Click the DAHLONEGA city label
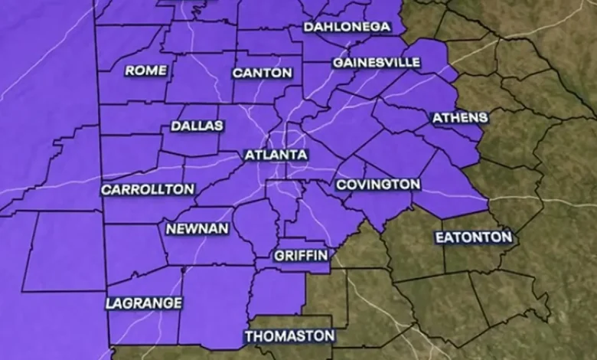347,27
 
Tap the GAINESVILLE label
377,61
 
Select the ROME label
145,70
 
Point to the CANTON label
262,73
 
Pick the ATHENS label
460,118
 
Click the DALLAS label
197,126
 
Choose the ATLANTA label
276,155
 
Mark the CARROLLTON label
148,189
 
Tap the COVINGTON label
378,185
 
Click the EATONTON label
474,237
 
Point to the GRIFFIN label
301,255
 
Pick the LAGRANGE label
145,303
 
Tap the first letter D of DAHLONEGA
309,27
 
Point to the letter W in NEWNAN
192,229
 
